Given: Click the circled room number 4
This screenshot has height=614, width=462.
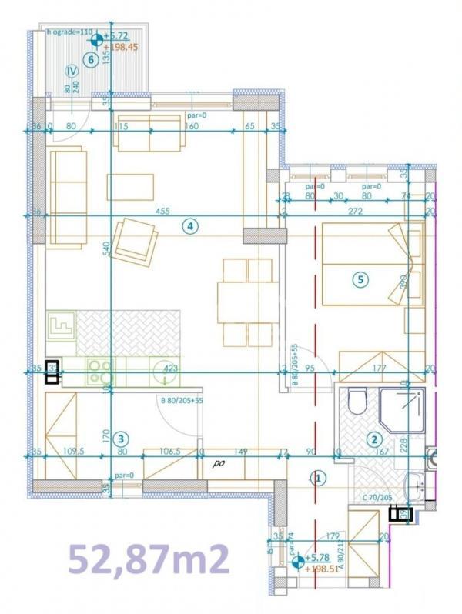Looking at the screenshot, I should click(x=189, y=225).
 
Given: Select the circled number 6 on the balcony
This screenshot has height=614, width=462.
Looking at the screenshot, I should click(x=92, y=59).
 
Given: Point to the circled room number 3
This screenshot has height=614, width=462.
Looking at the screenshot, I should click(x=119, y=439).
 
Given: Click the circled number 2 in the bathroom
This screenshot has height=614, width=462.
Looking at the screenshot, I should click(x=375, y=440).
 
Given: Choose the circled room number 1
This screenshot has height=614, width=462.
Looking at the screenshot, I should click(x=318, y=478).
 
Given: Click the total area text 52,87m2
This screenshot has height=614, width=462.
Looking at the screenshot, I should click(x=150, y=559).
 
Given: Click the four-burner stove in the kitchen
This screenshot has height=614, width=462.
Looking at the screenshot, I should click(x=99, y=372).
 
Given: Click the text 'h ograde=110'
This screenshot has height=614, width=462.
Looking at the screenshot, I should click(x=69, y=32).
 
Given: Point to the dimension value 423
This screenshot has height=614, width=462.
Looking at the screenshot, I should click(x=171, y=369).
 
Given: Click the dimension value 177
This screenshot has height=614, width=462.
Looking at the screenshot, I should click(x=378, y=369).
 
